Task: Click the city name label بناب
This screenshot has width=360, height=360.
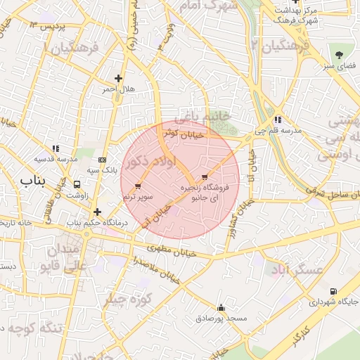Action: (x=32, y=181)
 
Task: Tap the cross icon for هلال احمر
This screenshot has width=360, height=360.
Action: (x=118, y=79)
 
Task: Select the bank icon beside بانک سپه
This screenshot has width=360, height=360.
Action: (x=103, y=160)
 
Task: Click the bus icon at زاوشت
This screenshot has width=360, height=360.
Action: (x=76, y=184)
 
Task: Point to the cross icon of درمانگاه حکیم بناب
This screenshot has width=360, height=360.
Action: (x=97, y=212)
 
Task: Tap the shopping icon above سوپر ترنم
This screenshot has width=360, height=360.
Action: (x=138, y=187)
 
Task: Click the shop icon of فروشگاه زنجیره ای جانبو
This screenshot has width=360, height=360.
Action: (x=205, y=176)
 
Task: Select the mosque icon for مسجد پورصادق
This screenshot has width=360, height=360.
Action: (x=221, y=307)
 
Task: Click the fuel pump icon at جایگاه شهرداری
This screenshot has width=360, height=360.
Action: (x=333, y=291)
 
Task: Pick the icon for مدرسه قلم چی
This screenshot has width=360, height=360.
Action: (x=278, y=120)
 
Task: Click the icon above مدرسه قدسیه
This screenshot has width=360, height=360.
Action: (x=56, y=148)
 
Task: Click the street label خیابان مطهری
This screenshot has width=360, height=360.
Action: (x=166, y=248)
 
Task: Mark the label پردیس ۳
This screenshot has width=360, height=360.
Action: (x=49, y=26)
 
